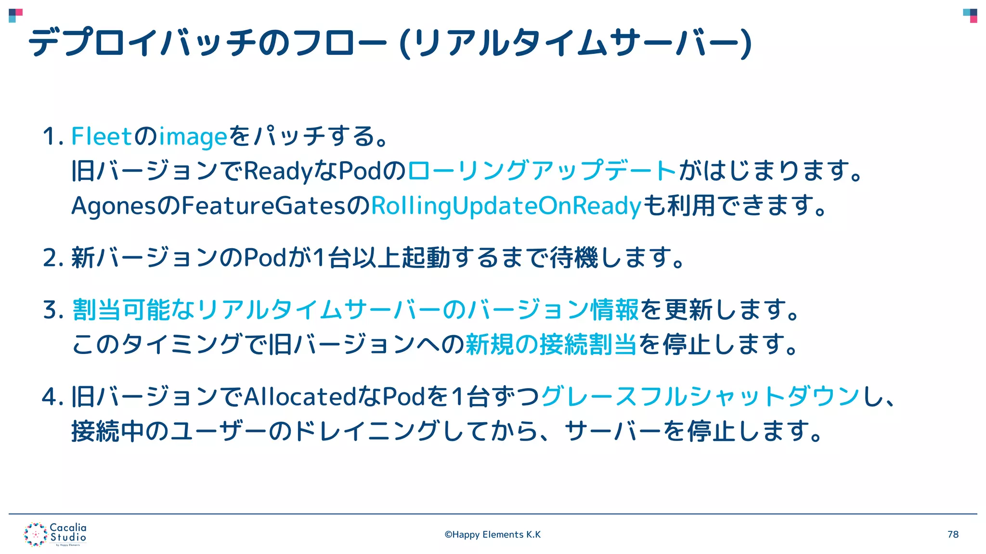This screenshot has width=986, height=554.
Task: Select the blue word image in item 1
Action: click(193, 137)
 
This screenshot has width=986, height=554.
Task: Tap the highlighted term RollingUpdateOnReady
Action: click(506, 206)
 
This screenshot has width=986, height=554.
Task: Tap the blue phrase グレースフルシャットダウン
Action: click(701, 397)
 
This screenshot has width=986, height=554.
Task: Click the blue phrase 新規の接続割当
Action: click(551, 344)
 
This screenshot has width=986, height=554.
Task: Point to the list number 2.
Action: click(51, 258)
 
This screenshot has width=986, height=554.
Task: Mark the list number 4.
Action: click(51, 397)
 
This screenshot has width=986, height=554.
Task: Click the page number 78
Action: click(953, 534)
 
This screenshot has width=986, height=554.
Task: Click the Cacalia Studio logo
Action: click(55, 534)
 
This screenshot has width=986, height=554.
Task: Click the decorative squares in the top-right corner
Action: click(970, 15)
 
